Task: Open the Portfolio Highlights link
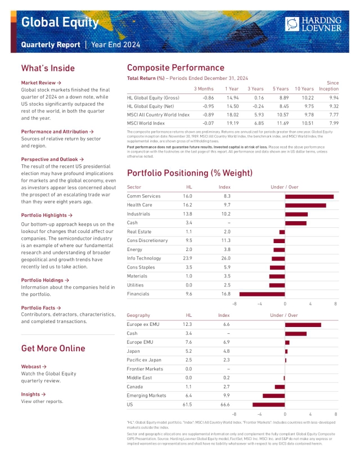click(47, 215)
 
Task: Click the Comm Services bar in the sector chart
click(309, 196)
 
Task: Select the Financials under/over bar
click(262, 294)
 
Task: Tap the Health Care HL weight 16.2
click(188, 205)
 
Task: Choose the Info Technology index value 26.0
click(225, 258)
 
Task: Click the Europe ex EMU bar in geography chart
click(303, 325)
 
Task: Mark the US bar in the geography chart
click(268, 405)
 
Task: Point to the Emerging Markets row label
click(146, 396)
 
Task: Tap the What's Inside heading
click(48, 68)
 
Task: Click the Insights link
click(33, 395)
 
